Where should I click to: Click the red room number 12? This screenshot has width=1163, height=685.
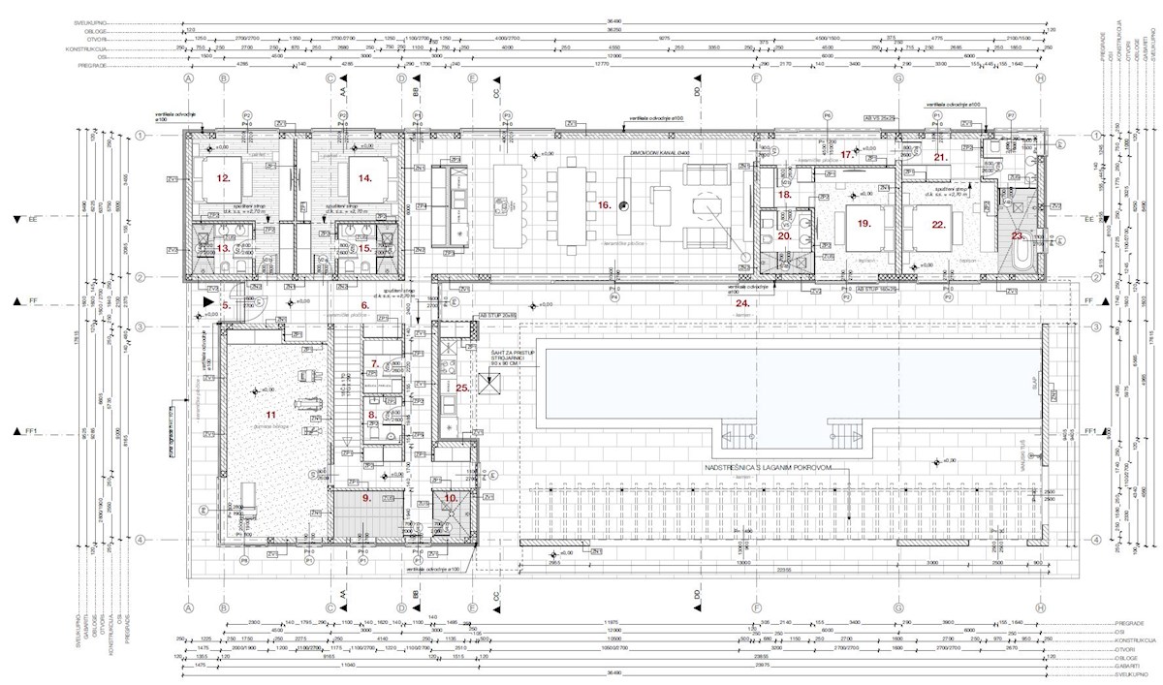223,178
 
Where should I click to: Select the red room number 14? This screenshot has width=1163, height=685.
364,178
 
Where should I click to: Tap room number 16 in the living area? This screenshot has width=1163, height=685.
603,205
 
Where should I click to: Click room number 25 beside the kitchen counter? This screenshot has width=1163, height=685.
462,388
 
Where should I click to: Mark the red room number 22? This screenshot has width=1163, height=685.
937,224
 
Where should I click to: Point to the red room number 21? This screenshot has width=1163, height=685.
938,157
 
